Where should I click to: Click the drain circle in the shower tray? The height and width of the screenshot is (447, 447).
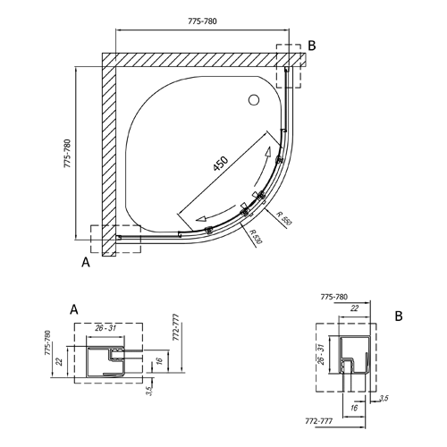coord(254,100)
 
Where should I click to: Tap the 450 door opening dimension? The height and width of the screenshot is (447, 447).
coord(221,164)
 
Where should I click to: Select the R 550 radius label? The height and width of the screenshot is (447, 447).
coord(283,218)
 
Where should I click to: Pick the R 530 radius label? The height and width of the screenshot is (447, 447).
coord(256,237)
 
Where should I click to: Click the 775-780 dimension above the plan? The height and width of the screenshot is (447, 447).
coord(202,21)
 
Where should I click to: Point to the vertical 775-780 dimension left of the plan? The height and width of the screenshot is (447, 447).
coord(68,153)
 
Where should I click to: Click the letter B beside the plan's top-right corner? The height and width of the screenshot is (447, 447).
coord(312,46)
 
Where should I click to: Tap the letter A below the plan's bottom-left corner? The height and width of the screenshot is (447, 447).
coord(86,262)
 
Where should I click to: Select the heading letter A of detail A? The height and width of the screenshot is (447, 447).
coord(74,309)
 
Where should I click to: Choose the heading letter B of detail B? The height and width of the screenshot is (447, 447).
coord(399,316)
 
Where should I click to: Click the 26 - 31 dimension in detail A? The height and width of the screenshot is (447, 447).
coord(105,328)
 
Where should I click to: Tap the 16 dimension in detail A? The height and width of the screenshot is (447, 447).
coord(159,360)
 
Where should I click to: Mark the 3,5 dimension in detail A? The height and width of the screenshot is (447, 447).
coord(149,390)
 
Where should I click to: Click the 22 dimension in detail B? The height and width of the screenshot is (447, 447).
coord(354,308)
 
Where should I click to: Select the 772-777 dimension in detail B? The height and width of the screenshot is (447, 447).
coord(318,421)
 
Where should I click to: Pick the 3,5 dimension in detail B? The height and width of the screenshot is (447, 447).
coord(384,398)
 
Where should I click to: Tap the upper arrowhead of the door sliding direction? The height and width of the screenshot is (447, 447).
coord(268,152)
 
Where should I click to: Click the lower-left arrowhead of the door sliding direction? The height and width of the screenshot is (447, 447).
coord(201,219)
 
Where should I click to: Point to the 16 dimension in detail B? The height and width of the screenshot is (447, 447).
coord(354,408)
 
